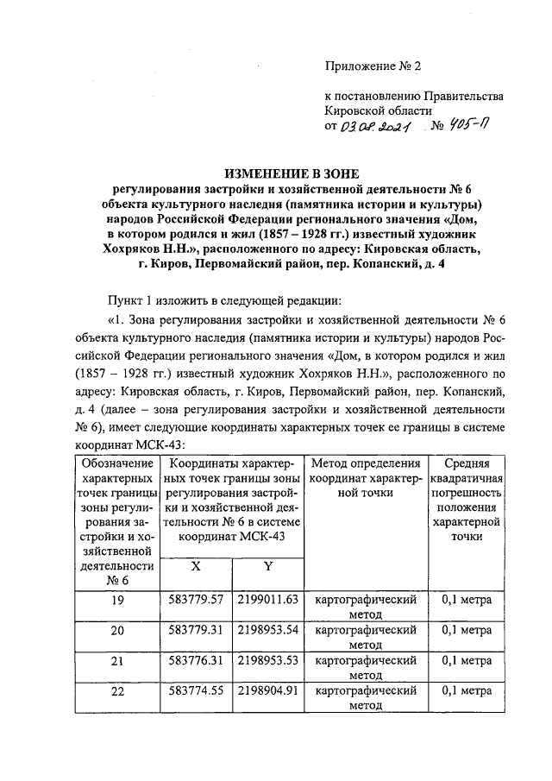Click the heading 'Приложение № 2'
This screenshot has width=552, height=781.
coord(373,66)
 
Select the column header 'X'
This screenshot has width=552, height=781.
coord(196,566)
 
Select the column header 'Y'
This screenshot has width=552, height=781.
coord(267,566)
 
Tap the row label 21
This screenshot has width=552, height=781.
coord(116,662)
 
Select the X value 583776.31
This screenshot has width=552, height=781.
coord(196,661)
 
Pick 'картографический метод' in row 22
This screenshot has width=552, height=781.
coord(367,698)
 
